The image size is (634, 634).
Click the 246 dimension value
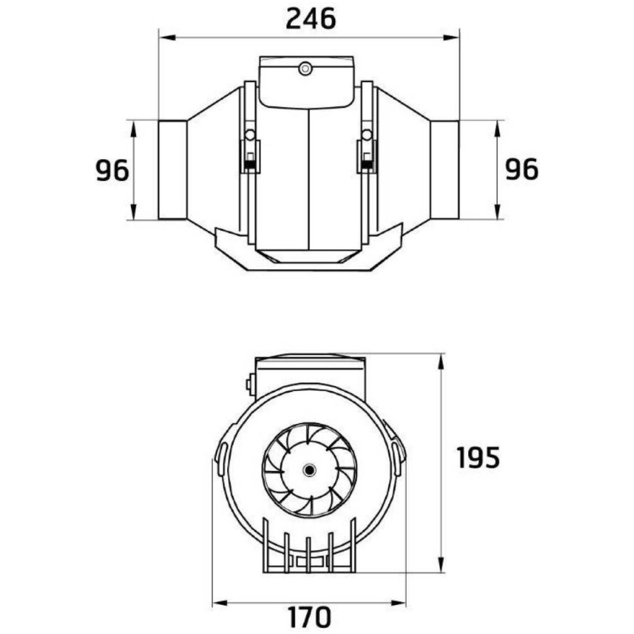[x=311, y=19]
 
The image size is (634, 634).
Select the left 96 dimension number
[x=112, y=170]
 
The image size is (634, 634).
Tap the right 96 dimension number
[x=522, y=169]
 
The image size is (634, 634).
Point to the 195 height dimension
[x=478, y=457]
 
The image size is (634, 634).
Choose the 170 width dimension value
[x=310, y=617]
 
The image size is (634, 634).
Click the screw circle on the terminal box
[x=305, y=69]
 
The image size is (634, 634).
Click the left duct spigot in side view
[x=173, y=170]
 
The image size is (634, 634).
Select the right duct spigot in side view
[x=445, y=170]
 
